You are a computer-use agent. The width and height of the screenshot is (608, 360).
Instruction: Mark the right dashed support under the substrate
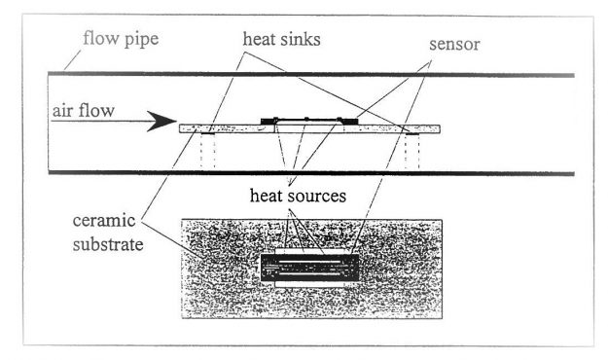pyautogui.click(x=410, y=150)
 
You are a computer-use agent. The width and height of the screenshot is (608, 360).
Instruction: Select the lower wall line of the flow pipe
pyautogui.click(x=321, y=174)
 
